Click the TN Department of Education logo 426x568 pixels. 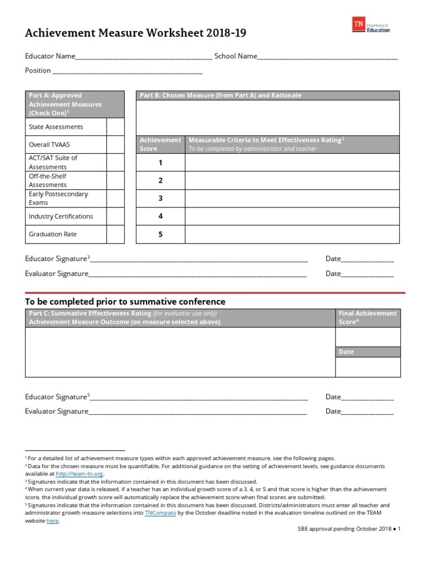(x=371, y=25)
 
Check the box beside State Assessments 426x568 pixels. (x=115, y=127)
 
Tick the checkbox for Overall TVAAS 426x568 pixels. (x=115, y=145)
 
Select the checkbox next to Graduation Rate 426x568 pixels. (x=115, y=234)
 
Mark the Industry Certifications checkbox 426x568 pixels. (x=115, y=216)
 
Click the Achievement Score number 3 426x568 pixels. (x=160, y=198)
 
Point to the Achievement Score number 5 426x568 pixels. (x=160, y=234)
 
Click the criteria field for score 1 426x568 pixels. (x=292, y=163)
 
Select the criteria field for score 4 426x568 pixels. (x=292, y=216)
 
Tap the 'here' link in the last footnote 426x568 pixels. (x=52, y=521)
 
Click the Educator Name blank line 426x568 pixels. (x=143, y=56)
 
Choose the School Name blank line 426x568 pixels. (x=328, y=56)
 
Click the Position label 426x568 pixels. (x=38, y=70)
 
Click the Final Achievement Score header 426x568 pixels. (x=367, y=317)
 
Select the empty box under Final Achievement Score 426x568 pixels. (x=367, y=337)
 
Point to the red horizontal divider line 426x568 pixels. (x=215, y=292)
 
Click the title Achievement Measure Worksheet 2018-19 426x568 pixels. (x=135, y=33)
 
